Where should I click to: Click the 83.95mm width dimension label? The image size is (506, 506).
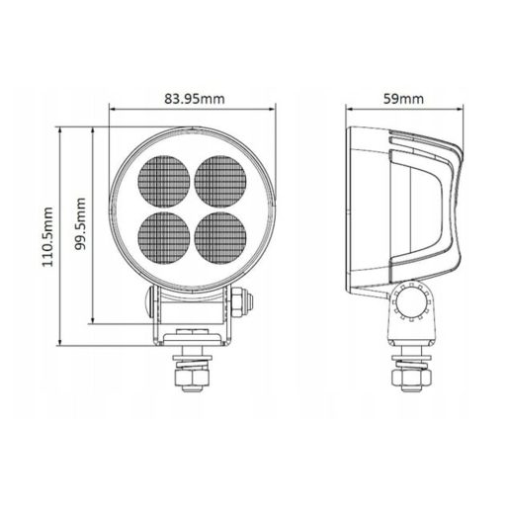(x=193, y=98)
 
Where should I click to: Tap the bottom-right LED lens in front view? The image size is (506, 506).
(x=220, y=237)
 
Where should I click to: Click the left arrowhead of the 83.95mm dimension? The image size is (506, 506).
(x=112, y=110)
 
